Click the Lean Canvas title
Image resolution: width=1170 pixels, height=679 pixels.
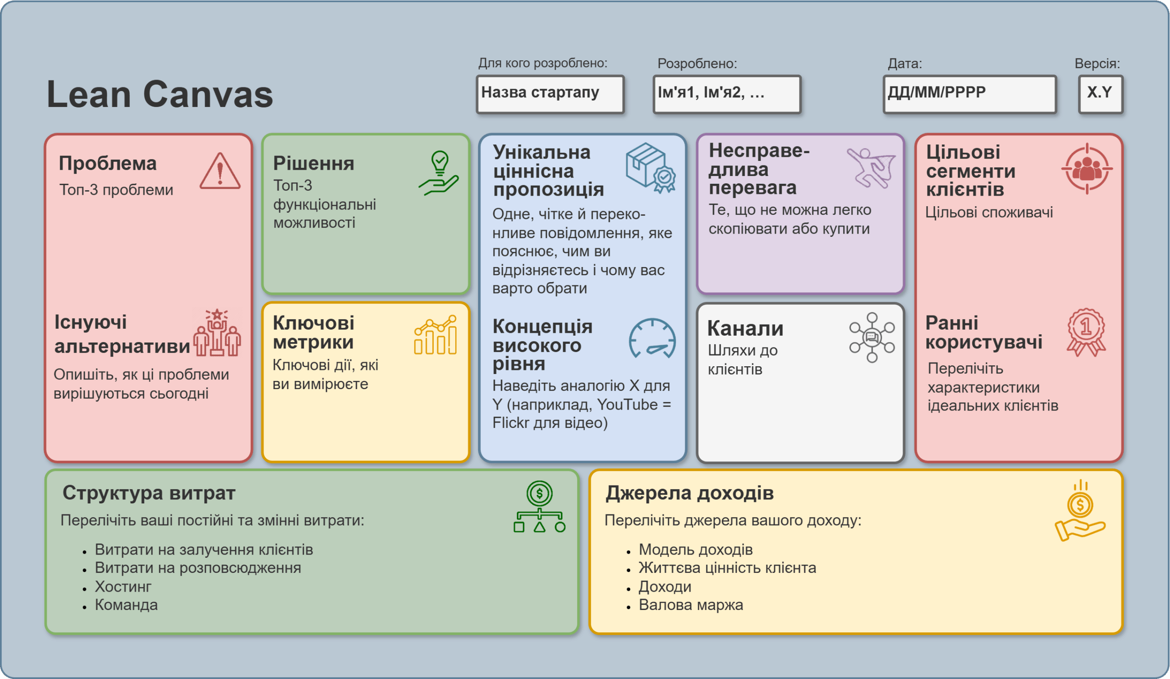click(x=160, y=94)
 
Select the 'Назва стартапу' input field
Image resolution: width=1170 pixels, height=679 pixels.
click(x=550, y=94)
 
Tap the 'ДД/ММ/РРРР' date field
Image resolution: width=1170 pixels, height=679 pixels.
click(x=969, y=94)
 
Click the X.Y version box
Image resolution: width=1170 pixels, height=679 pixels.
click(x=1101, y=94)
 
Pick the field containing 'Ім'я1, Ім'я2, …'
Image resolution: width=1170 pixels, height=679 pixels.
click(x=727, y=94)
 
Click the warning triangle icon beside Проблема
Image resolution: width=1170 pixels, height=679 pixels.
click(x=220, y=171)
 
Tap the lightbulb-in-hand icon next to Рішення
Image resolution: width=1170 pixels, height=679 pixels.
click(x=439, y=173)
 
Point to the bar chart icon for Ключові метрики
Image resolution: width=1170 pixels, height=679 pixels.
click(x=436, y=335)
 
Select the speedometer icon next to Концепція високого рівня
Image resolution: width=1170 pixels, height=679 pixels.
click(x=652, y=338)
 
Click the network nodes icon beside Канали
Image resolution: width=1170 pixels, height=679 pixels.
click(x=872, y=337)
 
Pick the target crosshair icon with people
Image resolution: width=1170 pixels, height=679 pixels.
click(x=1087, y=169)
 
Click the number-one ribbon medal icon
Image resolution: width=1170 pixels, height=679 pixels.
click(x=1086, y=332)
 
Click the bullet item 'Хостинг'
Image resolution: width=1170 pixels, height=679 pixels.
click(x=123, y=587)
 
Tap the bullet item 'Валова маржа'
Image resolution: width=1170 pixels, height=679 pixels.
click(x=691, y=604)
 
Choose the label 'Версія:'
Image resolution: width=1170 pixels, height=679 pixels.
click(x=1097, y=64)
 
